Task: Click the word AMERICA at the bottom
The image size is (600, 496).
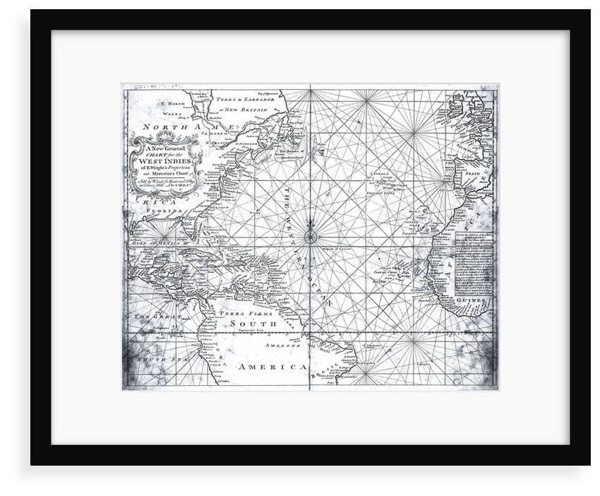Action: (x=272, y=367)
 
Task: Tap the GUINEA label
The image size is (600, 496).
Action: (x=474, y=300)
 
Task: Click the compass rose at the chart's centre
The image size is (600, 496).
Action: (x=311, y=237)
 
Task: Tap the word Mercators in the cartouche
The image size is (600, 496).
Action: (x=163, y=175)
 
